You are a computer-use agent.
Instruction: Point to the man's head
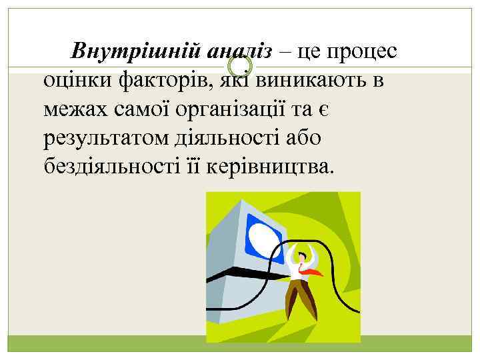[304, 254]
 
